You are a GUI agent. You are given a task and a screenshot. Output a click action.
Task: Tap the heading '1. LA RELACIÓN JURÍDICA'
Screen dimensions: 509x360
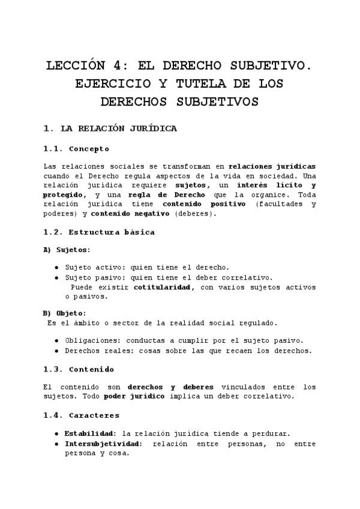click(110, 128)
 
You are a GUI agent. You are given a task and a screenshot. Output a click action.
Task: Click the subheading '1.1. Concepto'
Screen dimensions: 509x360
click(77, 149)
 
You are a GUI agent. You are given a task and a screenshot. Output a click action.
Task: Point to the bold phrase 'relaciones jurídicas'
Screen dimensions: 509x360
click(272, 166)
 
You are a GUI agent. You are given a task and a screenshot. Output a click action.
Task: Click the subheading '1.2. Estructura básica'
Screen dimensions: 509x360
click(99, 232)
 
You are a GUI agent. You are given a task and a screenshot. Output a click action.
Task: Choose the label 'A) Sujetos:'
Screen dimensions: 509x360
click(67, 250)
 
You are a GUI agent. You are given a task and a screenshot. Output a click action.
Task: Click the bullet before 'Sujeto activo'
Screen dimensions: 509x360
click(56, 268)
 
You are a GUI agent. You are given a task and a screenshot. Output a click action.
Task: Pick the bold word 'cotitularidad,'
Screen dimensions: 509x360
click(164, 288)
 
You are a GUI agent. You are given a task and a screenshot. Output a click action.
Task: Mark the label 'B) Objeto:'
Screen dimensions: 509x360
click(64, 313)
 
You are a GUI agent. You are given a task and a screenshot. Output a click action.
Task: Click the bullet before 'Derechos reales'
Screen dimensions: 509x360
click(56, 351)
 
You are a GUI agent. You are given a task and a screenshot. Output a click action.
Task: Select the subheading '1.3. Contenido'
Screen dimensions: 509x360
click(79, 370)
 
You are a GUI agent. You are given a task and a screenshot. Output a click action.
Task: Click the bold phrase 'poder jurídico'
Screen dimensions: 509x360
click(135, 397)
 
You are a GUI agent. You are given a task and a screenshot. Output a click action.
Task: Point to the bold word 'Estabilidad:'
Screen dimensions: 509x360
click(90, 433)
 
